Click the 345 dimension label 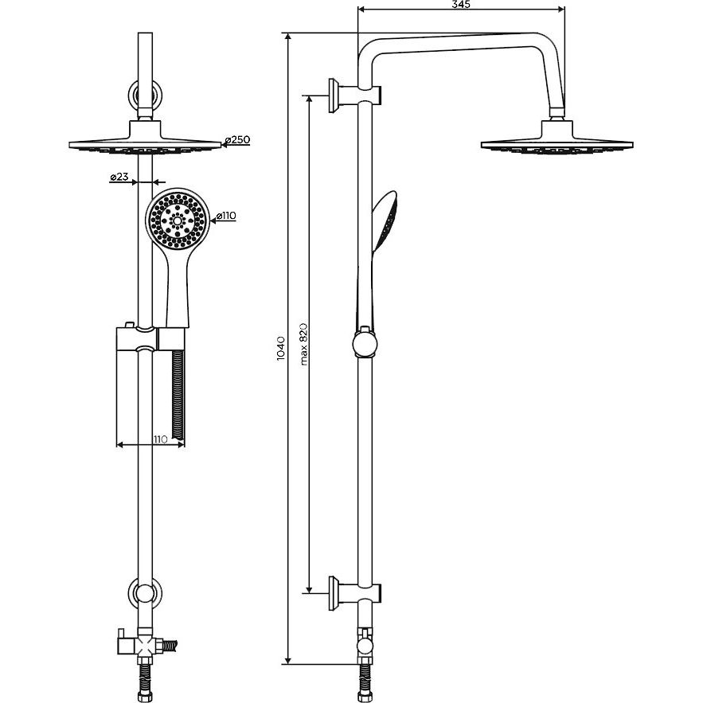tap(461, 5)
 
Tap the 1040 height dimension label tap(281, 349)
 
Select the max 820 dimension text tap(303, 344)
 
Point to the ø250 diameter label tap(236, 140)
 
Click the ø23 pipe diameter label tap(119, 177)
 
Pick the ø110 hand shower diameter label tap(225, 216)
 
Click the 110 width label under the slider tap(160, 439)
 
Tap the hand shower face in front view tap(178, 220)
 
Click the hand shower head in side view tap(386, 220)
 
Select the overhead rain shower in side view tap(557, 137)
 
